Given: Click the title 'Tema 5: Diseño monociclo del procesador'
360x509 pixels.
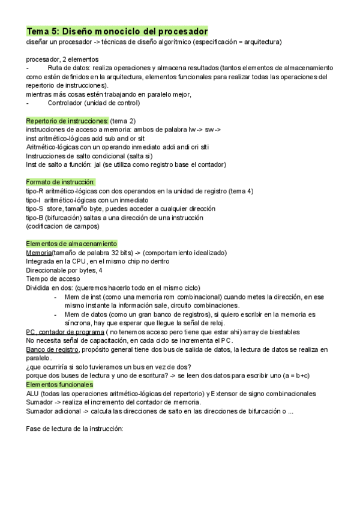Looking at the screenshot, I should pyautogui.click(x=117, y=31).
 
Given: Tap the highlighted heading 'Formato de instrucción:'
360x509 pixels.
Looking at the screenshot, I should pyautogui.click(x=61, y=182).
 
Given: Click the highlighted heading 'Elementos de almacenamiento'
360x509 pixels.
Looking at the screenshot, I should pyautogui.click(x=71, y=244).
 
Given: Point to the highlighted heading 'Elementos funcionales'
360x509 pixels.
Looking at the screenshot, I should pyautogui.click(x=59, y=384).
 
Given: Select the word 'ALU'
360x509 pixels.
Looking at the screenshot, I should pyautogui.click(x=34, y=393).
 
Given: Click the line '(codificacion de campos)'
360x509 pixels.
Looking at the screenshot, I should pyautogui.click(x=63, y=226).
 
